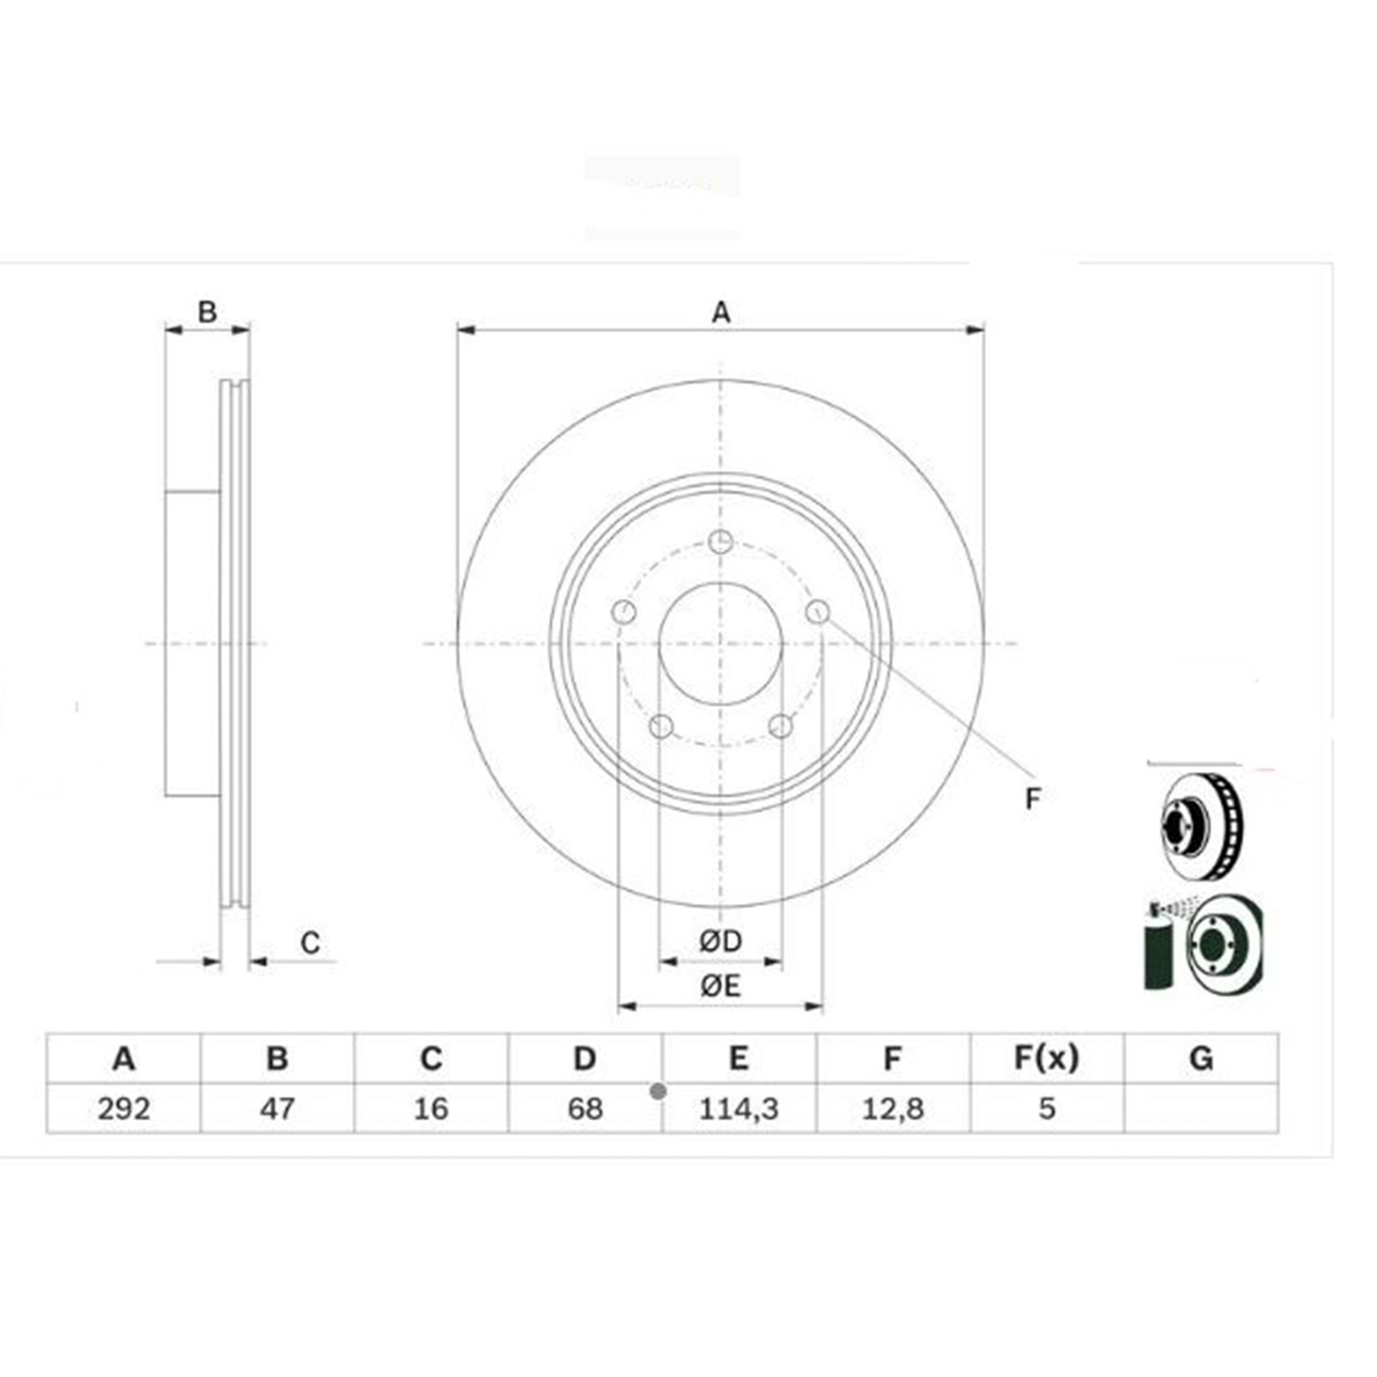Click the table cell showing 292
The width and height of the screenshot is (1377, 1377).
124,1108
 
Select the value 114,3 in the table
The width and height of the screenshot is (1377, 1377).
739,1108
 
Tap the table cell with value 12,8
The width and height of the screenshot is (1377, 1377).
893,1108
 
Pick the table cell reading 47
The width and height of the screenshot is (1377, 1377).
277,1108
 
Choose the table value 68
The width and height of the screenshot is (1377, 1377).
585,1108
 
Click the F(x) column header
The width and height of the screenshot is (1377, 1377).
1047,1058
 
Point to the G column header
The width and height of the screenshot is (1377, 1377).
1201,1058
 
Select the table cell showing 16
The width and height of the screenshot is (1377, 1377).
431,1108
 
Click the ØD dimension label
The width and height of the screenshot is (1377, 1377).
721,941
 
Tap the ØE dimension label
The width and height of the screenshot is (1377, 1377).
721,986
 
